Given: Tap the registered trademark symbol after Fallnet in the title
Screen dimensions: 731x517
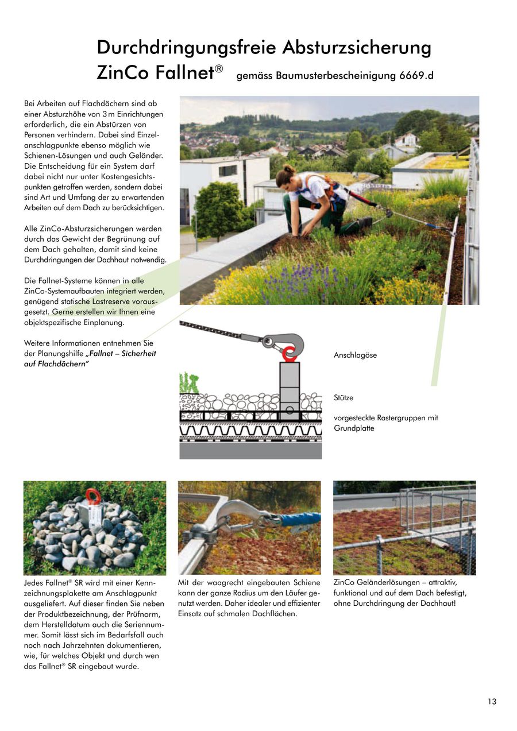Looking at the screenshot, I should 219,69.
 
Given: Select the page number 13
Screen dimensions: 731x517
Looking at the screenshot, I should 492,701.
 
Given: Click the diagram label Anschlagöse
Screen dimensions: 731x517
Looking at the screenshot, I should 355,355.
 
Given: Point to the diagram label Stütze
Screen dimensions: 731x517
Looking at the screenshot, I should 344,397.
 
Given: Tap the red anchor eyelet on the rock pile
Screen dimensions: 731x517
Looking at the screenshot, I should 92,496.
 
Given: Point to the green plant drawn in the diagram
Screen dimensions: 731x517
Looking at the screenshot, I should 188,384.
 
